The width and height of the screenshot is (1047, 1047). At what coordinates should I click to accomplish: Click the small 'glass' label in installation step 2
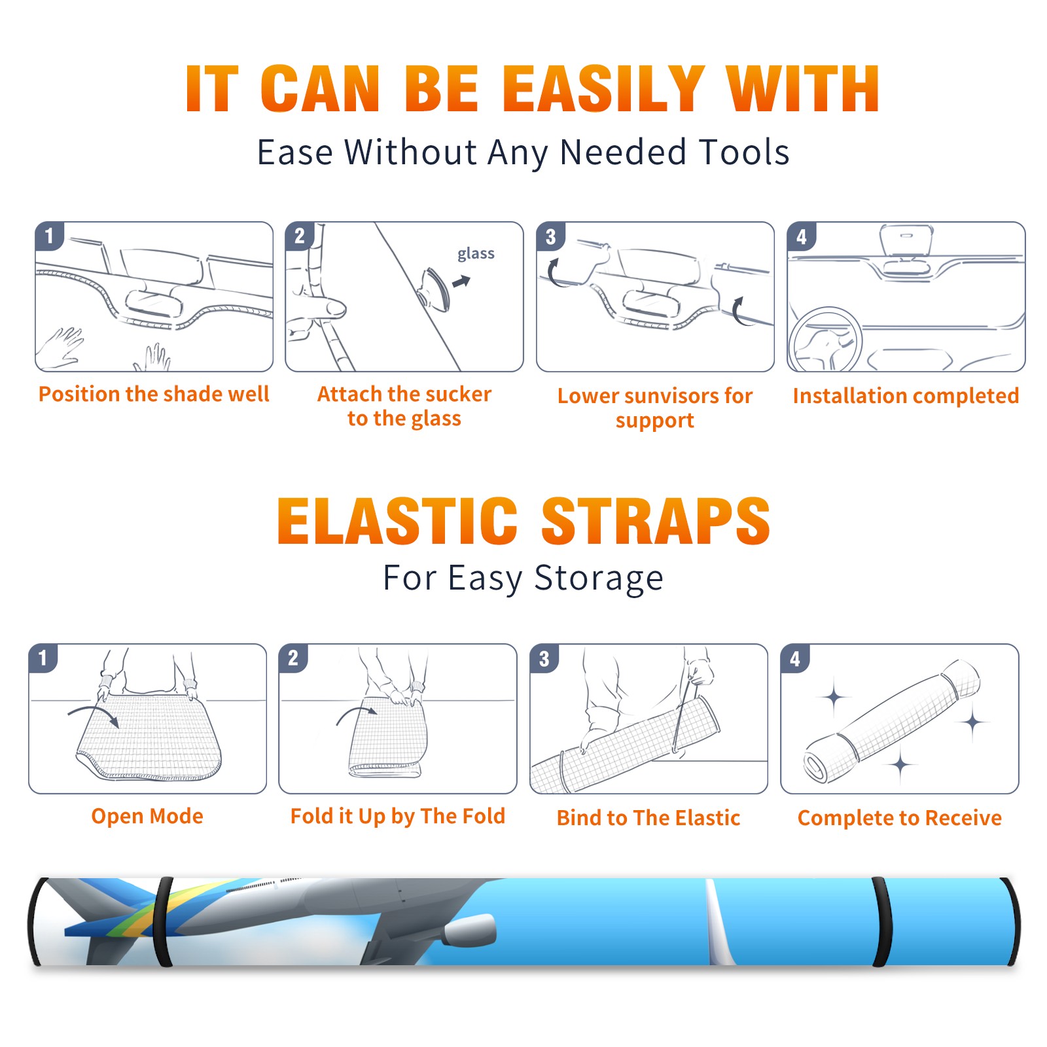[x=476, y=254]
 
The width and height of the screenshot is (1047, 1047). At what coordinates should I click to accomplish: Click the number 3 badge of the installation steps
[x=550, y=236]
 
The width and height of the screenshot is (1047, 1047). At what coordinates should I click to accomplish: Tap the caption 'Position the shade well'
[x=154, y=394]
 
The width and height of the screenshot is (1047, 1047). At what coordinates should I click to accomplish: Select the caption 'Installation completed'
[x=906, y=395]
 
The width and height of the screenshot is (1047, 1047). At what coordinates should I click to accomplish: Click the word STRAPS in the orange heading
[x=656, y=521]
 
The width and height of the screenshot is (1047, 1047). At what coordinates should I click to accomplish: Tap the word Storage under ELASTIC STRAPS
[x=599, y=578]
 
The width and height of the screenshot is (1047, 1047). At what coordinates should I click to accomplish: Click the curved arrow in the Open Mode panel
[x=93, y=715]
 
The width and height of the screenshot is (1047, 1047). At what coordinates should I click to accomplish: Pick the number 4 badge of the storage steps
[x=795, y=658]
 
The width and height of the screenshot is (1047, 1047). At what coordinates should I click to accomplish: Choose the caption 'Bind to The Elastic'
[x=648, y=818]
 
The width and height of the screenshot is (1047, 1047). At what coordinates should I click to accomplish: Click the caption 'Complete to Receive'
[x=900, y=818]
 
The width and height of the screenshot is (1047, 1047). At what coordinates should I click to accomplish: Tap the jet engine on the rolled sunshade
[x=469, y=931]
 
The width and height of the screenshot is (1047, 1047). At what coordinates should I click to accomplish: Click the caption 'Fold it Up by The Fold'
[x=398, y=817]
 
